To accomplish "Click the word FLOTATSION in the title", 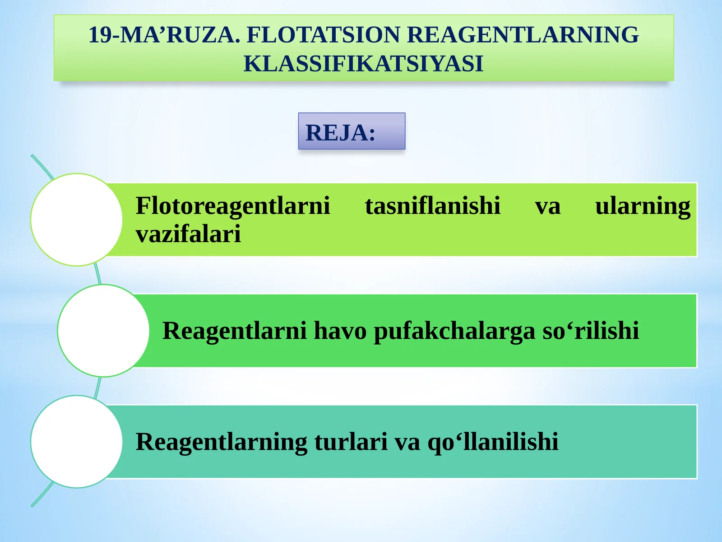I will (x=323, y=35).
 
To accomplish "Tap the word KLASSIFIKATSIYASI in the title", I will (x=363, y=63).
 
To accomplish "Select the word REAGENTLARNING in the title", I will (x=523, y=35).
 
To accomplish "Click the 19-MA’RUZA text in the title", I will (x=164, y=35).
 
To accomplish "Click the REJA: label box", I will (x=352, y=131).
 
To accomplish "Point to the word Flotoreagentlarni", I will (x=233, y=206).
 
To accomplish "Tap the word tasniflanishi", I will (x=433, y=206).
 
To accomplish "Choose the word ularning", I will (x=643, y=206).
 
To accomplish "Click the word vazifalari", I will (x=188, y=234).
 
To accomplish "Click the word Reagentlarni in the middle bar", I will (x=235, y=331).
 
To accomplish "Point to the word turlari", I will (x=351, y=442).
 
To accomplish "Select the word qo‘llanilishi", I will (x=493, y=442).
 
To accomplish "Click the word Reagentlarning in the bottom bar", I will (x=222, y=442).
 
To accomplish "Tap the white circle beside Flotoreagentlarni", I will (x=77, y=220).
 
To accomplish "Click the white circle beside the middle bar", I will (x=103, y=331).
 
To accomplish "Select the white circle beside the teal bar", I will (x=77, y=442).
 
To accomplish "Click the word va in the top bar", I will (x=547, y=206).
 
